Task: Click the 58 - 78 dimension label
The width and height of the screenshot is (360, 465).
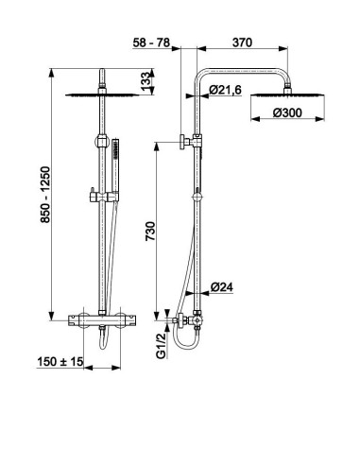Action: (151, 43)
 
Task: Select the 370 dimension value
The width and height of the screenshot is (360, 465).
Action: (242, 43)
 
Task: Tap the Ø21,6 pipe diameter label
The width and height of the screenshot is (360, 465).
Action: (225, 90)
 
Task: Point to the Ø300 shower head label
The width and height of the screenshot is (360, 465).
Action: (287, 112)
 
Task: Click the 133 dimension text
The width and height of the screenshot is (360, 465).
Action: (146, 81)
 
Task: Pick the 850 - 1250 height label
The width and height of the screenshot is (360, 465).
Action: (45, 195)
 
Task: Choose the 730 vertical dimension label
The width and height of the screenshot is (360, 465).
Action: (150, 232)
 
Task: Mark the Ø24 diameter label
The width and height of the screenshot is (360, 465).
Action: (222, 287)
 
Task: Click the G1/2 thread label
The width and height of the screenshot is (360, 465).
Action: (161, 346)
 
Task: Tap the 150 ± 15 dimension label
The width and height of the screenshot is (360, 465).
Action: (60, 362)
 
